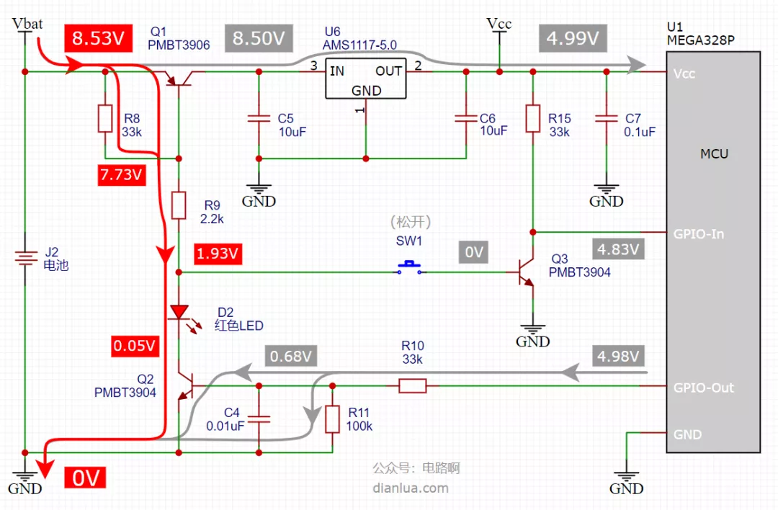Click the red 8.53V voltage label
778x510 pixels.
coord(98,38)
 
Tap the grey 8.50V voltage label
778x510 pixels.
coord(259,38)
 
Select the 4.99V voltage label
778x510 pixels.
coord(573,38)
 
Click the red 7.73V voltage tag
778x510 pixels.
coord(122,174)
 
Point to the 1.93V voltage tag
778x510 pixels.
coord(218,254)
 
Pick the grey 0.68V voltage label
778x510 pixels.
coord(291,356)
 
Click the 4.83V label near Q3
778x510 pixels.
coord(618,249)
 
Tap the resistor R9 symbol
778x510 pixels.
coord(179,205)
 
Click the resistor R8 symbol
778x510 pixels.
coord(105,119)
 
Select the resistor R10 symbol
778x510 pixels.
coord(413,386)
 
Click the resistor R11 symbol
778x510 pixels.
coord(332,419)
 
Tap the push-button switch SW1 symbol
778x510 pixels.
coord(409,268)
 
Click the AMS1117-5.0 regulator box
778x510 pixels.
coord(366,79)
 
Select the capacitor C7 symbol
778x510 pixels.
coord(607,119)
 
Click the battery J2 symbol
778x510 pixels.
coord(25,258)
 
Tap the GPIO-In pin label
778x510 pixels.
coord(699,233)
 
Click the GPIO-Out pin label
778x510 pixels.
coord(703,388)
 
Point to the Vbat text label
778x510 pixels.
coord(27,23)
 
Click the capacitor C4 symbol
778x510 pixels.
coord(259,419)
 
